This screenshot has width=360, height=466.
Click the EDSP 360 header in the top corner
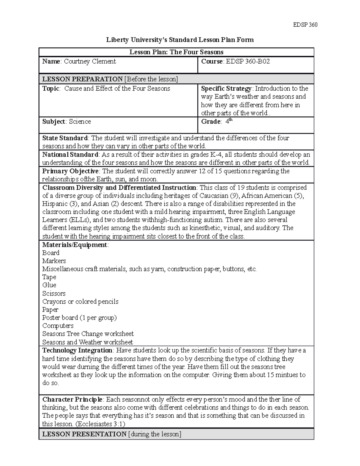coord(305,25)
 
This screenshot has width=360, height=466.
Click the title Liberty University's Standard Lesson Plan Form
coord(180,40)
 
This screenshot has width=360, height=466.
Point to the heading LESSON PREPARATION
coord(82,79)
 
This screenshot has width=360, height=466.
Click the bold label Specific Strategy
coord(226,89)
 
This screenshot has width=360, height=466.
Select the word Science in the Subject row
coord(80,122)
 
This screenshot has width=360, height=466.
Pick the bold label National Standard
coord(70,155)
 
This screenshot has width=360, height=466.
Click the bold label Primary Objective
coord(70,171)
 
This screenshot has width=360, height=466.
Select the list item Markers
coord(54,261)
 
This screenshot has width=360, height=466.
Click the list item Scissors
coord(54,293)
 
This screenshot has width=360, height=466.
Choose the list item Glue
coord(49,285)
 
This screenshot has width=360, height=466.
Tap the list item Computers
coord(58,326)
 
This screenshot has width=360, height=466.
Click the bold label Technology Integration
coord(77,350)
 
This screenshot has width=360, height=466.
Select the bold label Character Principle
coord(73,399)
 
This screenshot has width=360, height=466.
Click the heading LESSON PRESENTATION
coord(84,434)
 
